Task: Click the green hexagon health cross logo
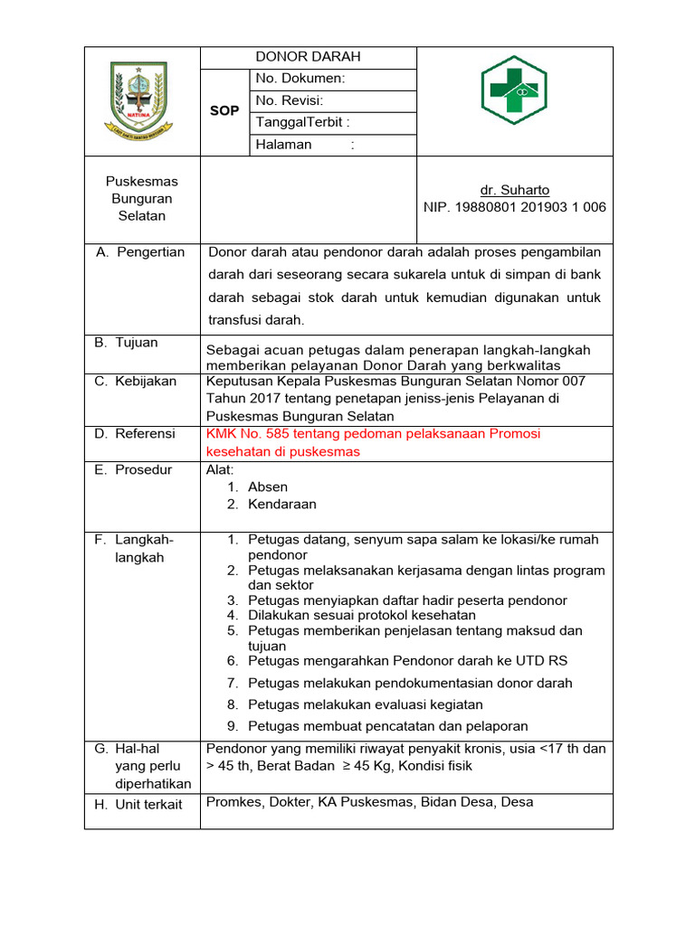513,89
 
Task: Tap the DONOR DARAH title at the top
308,57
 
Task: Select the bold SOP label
224,110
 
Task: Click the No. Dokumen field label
300,79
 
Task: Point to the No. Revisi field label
290,100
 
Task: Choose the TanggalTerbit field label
303,122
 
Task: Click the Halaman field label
284,145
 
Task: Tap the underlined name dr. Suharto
514,190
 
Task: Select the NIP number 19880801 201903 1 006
514,207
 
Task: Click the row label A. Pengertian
140,252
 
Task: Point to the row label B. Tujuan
127,343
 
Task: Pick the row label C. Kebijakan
136,382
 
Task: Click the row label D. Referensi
135,434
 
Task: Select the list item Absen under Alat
268,487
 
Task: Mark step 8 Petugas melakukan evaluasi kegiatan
366,704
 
